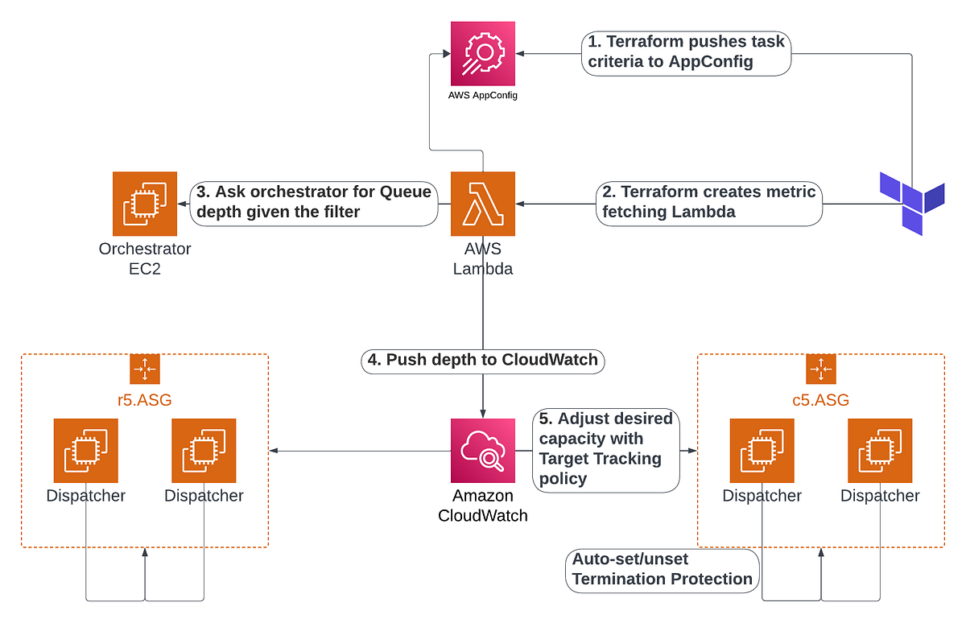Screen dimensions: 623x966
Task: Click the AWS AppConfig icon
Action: (483, 54)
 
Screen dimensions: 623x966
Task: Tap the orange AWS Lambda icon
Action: (483, 204)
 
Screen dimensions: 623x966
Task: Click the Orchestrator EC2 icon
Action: (145, 204)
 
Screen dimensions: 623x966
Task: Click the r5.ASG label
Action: (145, 399)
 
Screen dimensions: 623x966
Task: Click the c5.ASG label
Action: (820, 399)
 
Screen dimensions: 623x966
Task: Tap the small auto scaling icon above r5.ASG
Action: (145, 369)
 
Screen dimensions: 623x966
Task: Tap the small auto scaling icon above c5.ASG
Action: (820, 369)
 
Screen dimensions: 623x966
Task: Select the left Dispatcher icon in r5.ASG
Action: (85, 451)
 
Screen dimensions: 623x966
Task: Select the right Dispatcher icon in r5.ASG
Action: (204, 451)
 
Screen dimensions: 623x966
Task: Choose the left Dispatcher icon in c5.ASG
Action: (762, 451)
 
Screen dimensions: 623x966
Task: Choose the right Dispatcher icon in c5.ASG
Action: (880, 451)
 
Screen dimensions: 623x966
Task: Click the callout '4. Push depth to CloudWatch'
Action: (483, 360)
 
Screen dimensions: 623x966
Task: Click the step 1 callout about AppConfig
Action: (684, 52)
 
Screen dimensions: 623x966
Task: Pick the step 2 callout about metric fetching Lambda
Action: (709, 202)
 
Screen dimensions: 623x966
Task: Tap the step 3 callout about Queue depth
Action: (314, 202)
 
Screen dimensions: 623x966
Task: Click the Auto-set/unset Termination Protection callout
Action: (662, 569)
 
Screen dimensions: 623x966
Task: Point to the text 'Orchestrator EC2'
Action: (145, 258)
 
